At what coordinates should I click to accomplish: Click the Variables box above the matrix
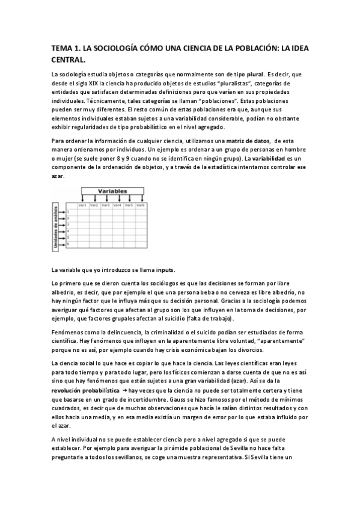click(112, 191)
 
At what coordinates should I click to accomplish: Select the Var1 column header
click(83, 205)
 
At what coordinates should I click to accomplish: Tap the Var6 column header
click(140, 205)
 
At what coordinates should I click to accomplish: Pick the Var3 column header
click(106, 205)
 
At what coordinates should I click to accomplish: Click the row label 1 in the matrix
click(69, 211)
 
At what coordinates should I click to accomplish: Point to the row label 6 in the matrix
click(69, 244)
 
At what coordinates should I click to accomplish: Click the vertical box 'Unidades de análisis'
click(55, 225)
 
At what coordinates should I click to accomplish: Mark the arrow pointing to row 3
click(63, 224)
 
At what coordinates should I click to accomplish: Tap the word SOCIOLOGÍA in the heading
click(107, 48)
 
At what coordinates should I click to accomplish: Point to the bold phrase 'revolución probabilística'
click(85, 390)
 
